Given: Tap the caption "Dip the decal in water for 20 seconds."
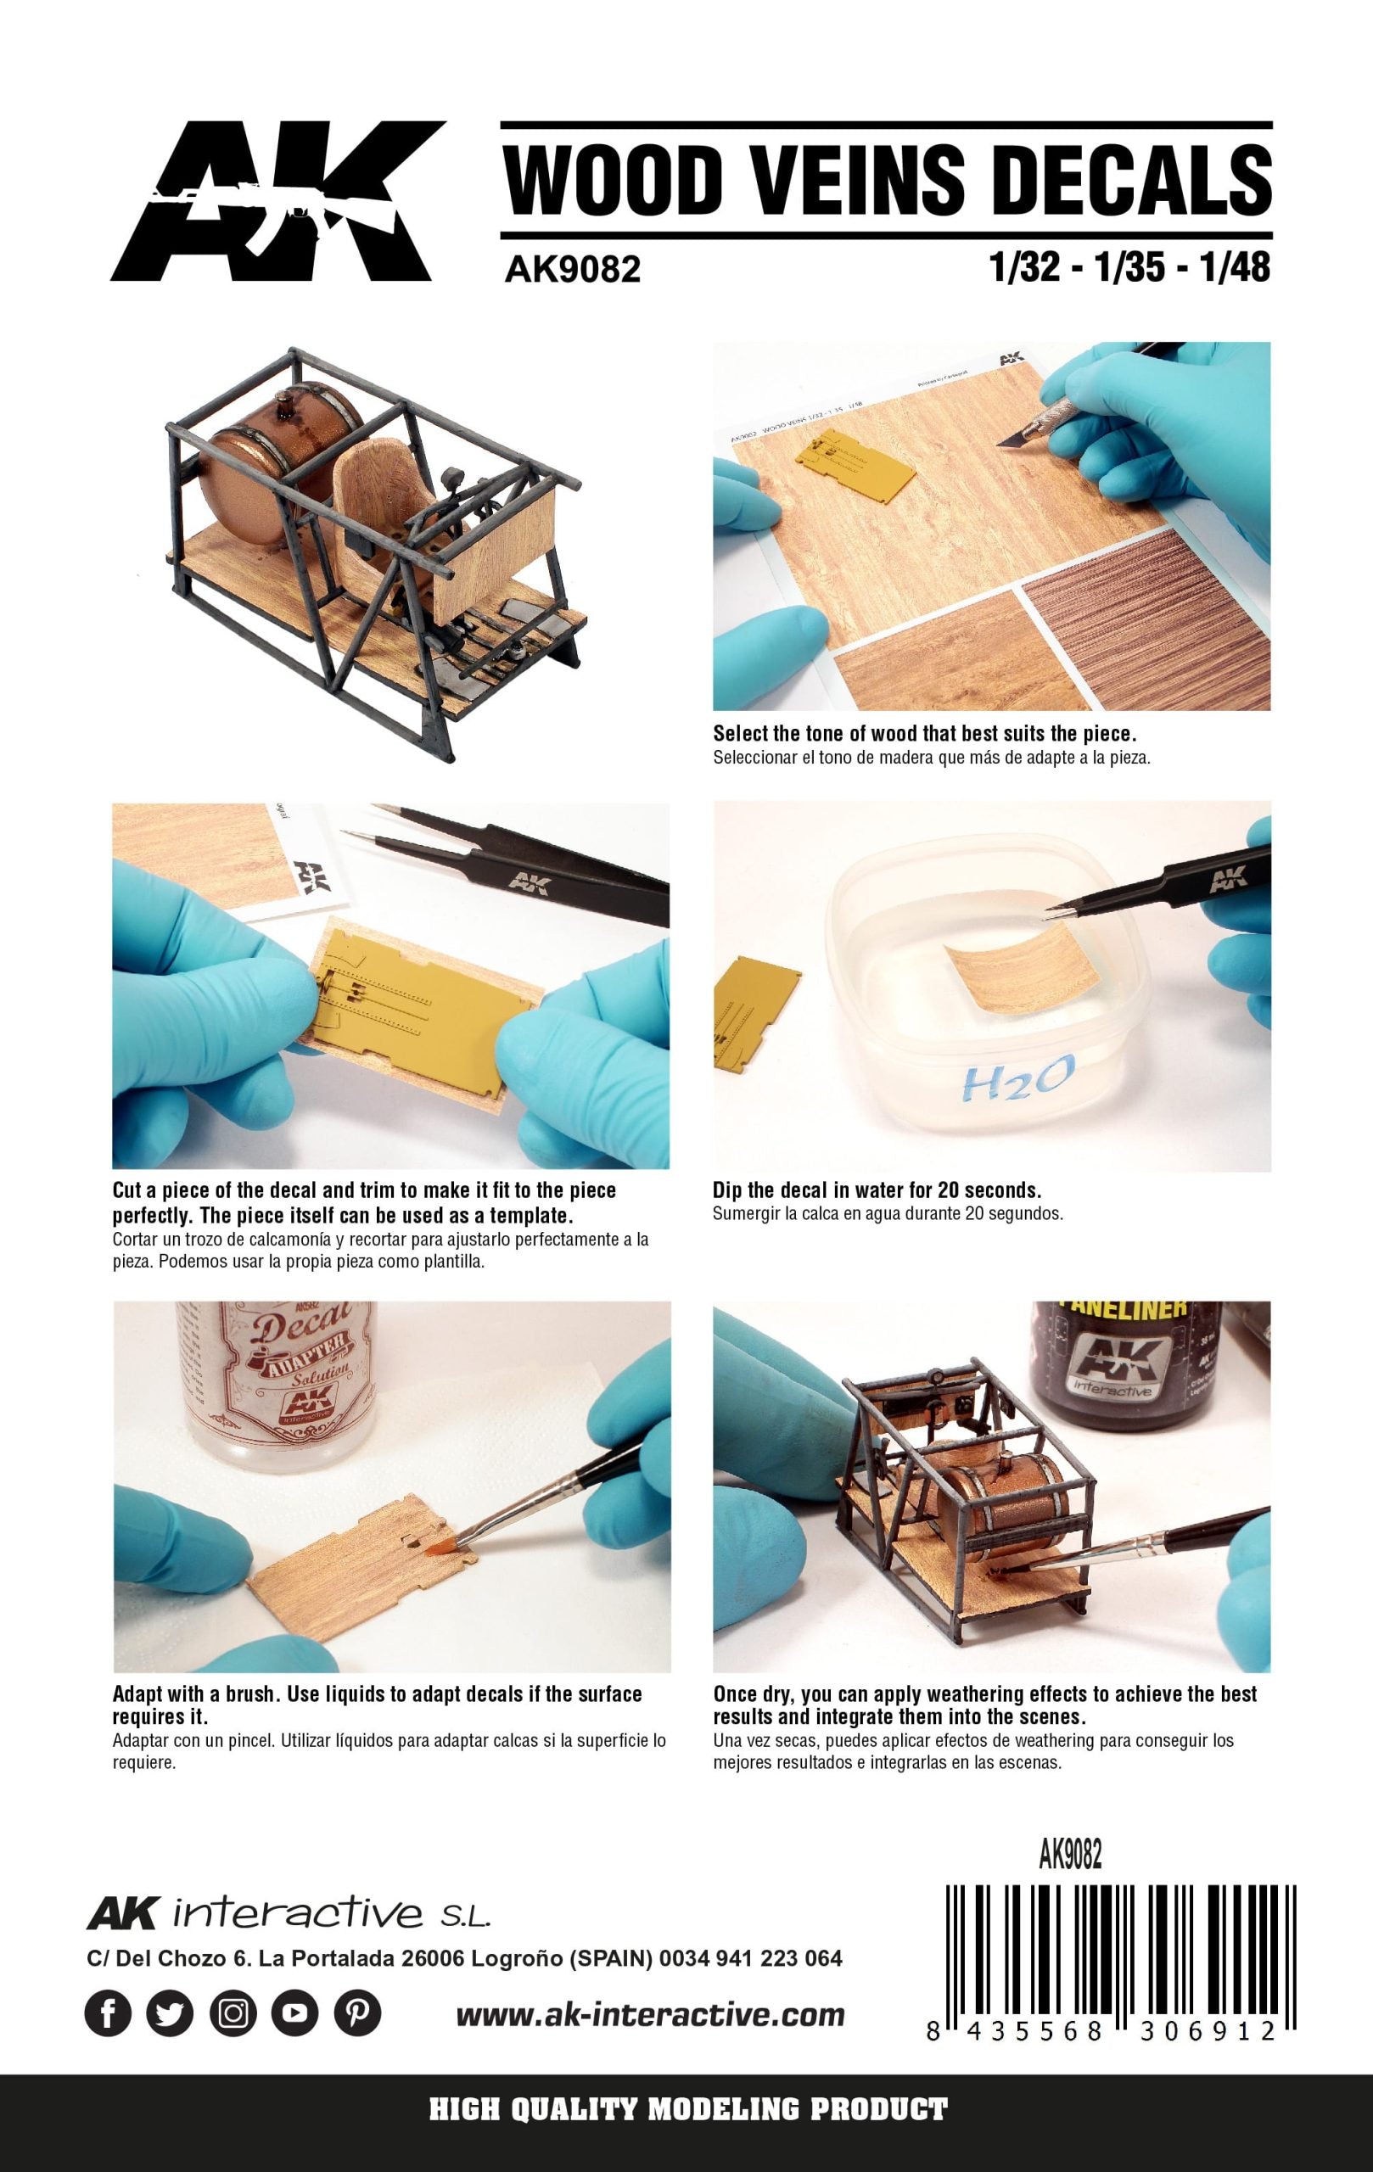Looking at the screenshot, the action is [877, 1189].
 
